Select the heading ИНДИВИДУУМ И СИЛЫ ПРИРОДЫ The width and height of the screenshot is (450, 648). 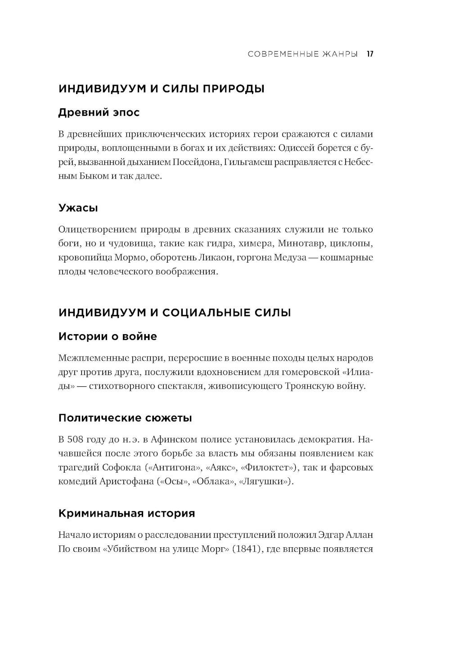coord(161,89)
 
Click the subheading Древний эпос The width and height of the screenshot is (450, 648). coord(99,112)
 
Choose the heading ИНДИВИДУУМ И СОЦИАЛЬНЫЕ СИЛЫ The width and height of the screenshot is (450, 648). coord(175,312)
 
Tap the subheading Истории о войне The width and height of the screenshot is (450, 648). coord(108,336)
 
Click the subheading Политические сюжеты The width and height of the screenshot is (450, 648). coord(125,418)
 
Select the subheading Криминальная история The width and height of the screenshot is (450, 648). coord(126,513)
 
